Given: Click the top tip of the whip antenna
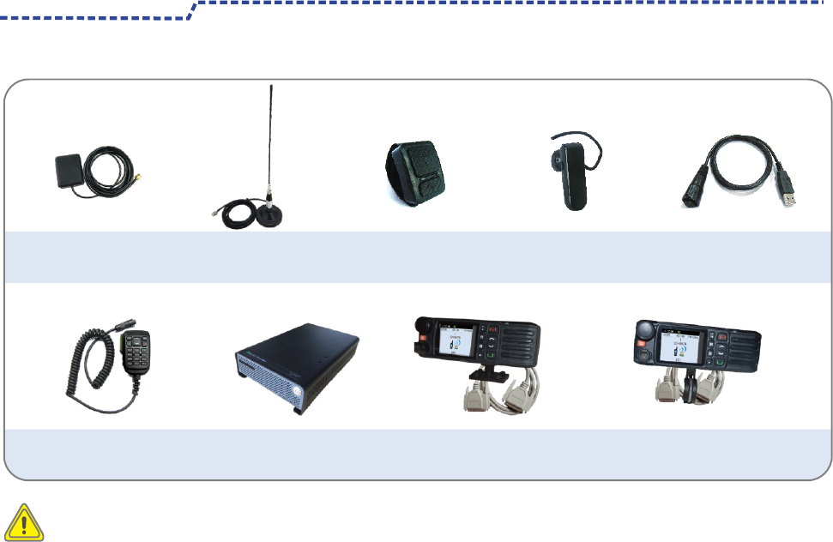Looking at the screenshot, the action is (271, 85).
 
